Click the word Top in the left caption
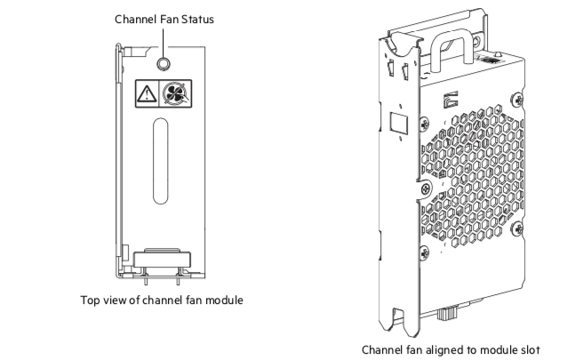pos(92,300)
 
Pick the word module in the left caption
pos(222,300)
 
